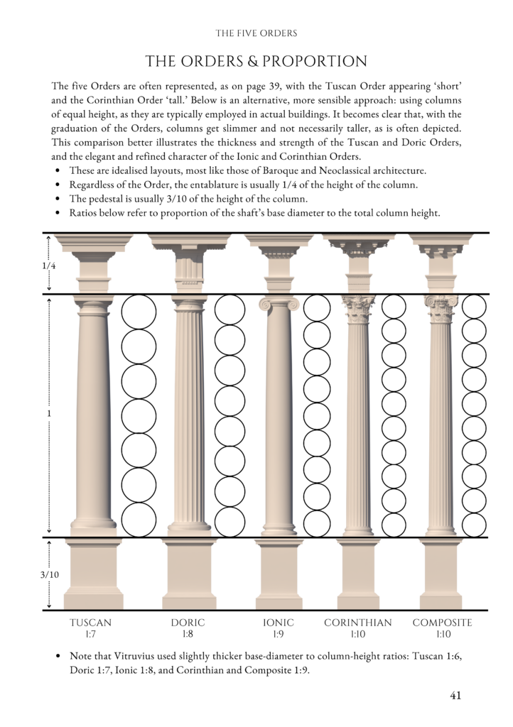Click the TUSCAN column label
(90, 623)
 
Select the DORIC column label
(188, 623)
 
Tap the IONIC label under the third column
(278, 623)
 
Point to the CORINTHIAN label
(357, 623)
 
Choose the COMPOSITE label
(442, 623)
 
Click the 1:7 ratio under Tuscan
(90, 634)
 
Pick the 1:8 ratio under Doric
(188, 634)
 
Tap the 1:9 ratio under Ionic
(278, 634)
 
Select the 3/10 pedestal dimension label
(48, 574)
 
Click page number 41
(455, 695)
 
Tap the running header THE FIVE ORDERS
(256, 33)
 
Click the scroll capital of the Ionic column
(279, 304)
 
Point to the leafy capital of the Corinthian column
(358, 307)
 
